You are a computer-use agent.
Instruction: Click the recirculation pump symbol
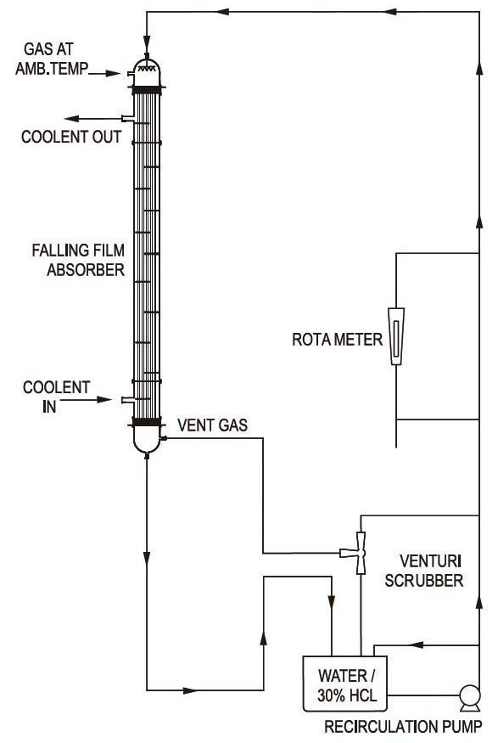point(470,697)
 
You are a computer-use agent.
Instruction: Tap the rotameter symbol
point(395,336)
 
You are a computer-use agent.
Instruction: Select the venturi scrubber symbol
point(360,553)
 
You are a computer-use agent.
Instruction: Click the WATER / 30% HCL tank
point(345,684)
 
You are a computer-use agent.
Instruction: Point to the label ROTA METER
point(337,340)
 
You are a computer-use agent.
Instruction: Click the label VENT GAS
point(213,425)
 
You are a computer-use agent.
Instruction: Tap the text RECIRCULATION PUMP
point(403,726)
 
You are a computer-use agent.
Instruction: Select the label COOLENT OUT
point(71,137)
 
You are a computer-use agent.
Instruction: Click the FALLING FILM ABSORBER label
point(78,260)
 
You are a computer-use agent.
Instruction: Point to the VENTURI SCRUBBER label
point(423,571)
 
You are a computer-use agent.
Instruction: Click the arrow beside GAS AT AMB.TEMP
point(104,73)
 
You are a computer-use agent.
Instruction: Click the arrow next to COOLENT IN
point(86,400)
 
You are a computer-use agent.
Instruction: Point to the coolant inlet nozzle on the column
point(128,401)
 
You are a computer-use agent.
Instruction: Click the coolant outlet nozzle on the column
point(128,118)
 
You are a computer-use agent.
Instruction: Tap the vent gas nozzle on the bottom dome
point(164,438)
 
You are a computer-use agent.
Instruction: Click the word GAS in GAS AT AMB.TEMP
point(36,48)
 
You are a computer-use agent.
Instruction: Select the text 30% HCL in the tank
point(347,695)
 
